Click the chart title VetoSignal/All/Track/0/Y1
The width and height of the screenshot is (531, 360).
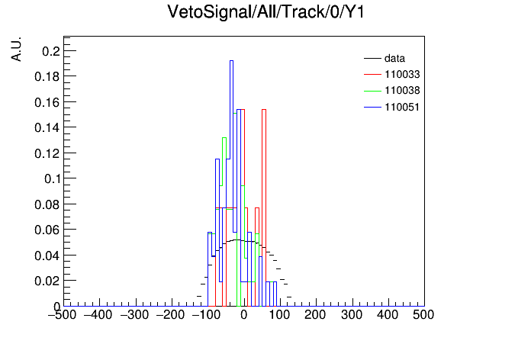[265, 12]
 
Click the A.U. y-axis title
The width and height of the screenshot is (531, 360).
[16, 49]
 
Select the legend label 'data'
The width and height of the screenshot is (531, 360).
[394, 58]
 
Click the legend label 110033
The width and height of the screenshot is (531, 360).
[402, 74]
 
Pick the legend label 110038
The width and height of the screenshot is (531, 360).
[402, 91]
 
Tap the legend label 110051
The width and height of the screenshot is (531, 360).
[402, 107]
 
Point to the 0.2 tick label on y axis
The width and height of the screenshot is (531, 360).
[51, 51]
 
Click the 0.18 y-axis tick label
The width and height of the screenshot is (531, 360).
[47, 76]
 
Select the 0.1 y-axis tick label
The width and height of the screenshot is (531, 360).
[52, 178]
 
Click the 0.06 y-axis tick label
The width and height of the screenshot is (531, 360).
[47, 230]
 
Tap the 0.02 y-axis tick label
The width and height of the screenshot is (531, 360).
[47, 281]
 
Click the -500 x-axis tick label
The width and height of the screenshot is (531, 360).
[63, 315]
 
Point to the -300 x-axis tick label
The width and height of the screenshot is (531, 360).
[134, 315]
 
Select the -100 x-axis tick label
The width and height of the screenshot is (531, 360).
[206, 315]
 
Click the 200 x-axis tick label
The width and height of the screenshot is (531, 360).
[315, 315]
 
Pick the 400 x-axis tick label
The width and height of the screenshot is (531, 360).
[388, 315]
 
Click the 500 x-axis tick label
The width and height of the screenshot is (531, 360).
[423, 315]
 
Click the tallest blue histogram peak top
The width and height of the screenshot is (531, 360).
[231, 60]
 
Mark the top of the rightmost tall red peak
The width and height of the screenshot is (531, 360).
[264, 109]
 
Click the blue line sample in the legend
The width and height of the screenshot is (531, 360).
[372, 108]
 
